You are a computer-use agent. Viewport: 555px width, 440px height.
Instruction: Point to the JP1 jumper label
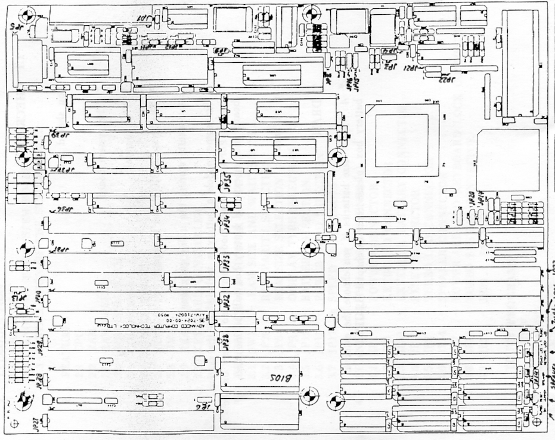point(144,19)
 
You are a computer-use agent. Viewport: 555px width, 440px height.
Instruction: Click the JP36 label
point(63,211)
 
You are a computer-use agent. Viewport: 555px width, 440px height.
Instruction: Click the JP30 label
point(37,297)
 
